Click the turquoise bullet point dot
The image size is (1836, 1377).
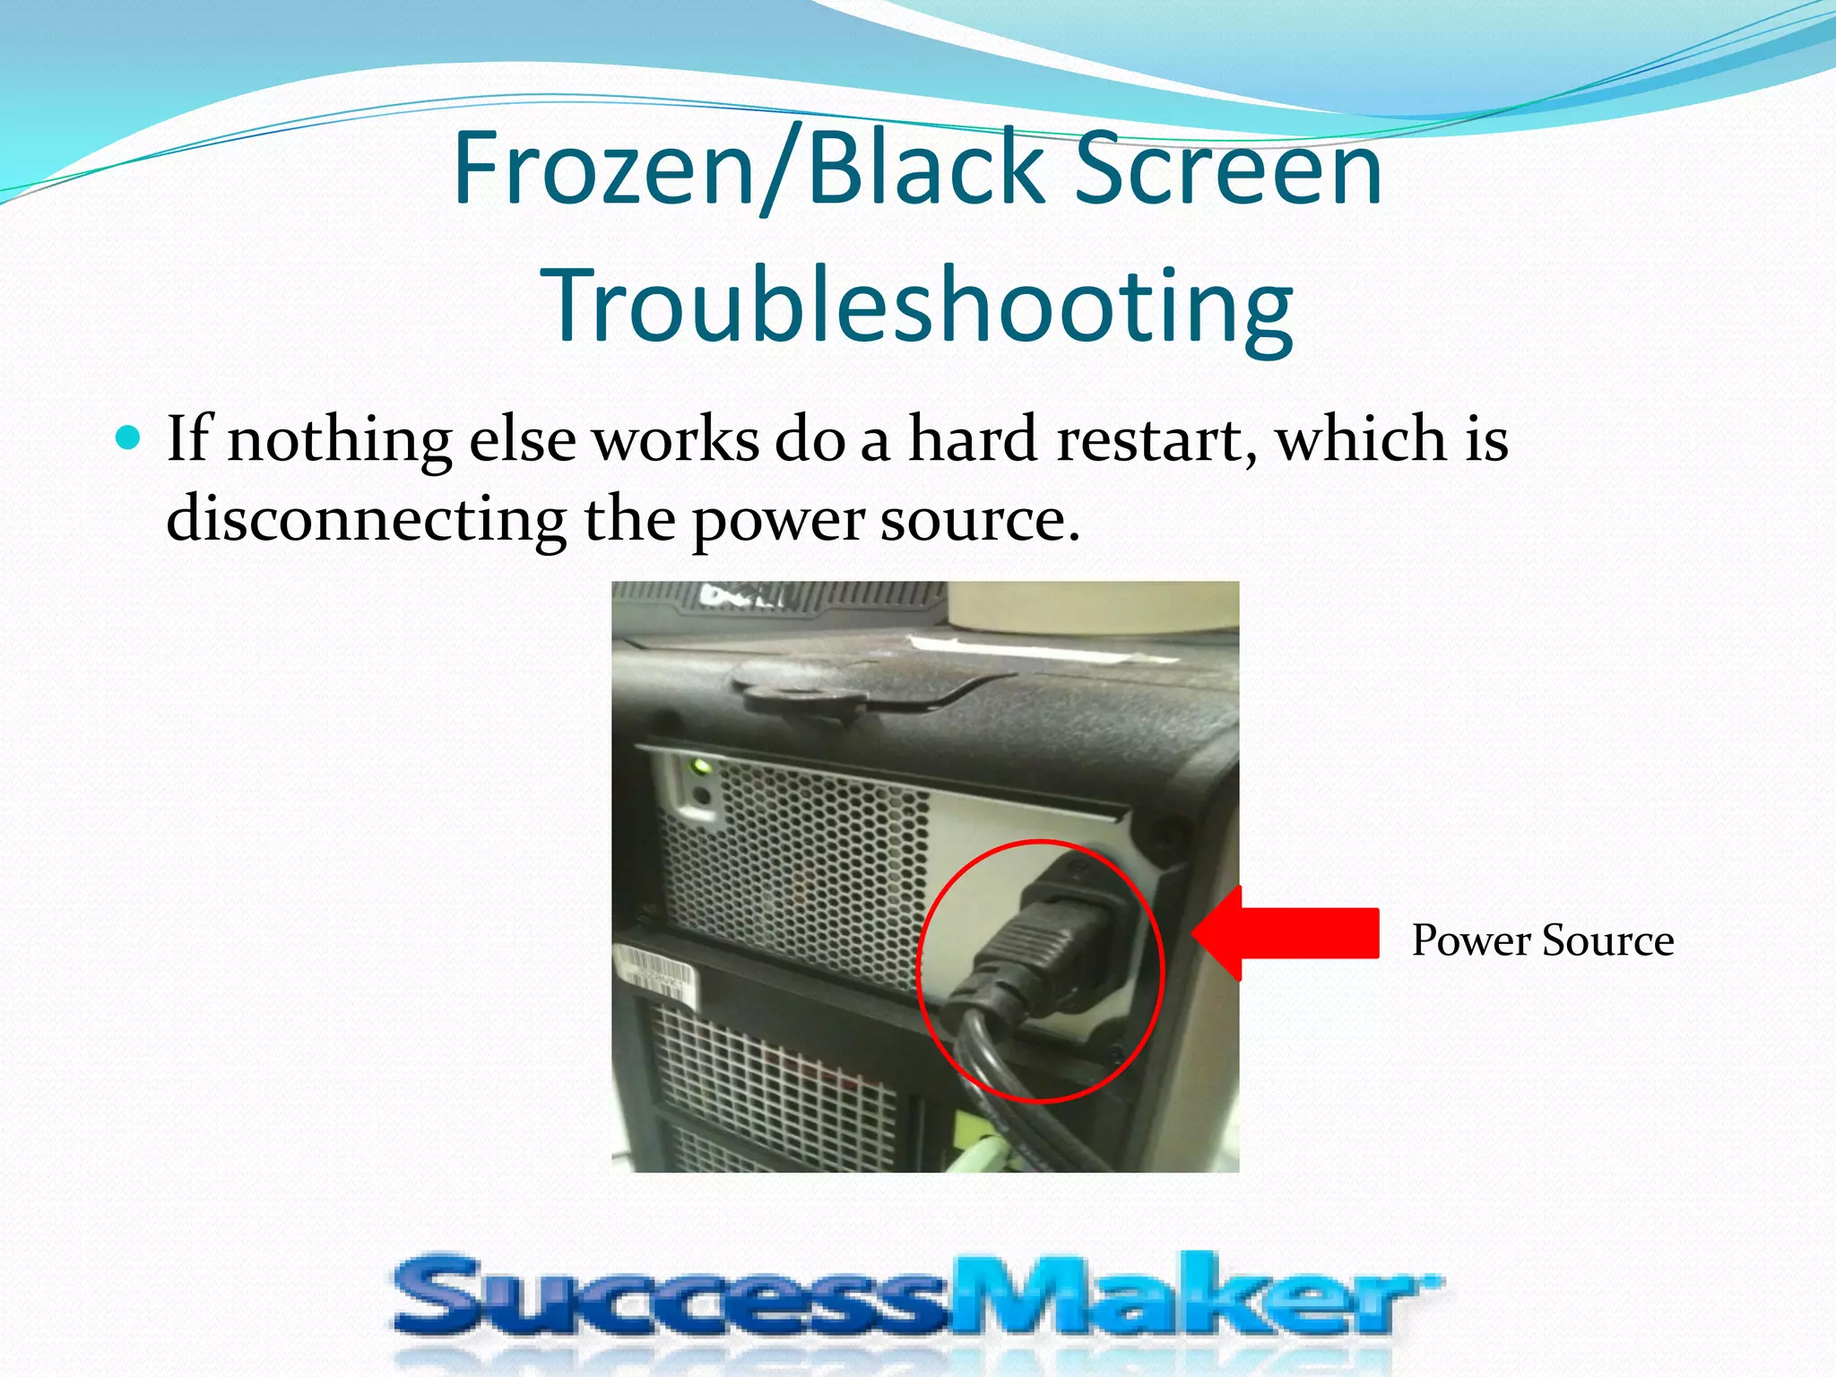click(x=130, y=438)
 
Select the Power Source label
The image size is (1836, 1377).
click(x=1542, y=940)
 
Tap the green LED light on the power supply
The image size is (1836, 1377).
click(x=698, y=767)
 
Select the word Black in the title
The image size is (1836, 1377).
click(x=927, y=169)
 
